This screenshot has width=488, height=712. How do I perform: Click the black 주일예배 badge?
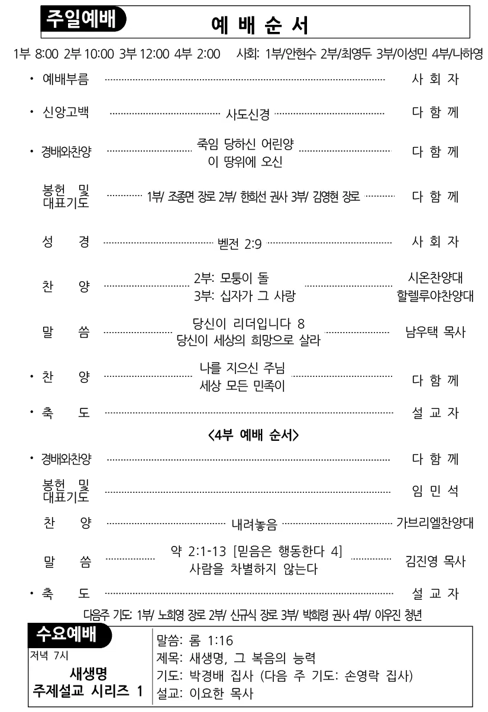(83, 19)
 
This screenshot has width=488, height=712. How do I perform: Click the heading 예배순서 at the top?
(260, 25)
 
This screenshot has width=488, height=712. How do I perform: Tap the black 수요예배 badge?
(70, 635)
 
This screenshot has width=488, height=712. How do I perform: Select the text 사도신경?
(247, 114)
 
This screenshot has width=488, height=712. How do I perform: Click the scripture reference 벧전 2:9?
(240, 244)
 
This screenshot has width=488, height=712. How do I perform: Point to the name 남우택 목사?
(435, 332)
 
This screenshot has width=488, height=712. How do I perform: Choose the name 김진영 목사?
(435, 561)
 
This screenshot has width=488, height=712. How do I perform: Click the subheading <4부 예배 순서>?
(253, 435)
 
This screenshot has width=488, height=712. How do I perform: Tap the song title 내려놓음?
(254, 525)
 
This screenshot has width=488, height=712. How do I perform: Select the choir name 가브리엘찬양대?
(435, 523)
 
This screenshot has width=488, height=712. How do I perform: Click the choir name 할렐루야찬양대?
(435, 296)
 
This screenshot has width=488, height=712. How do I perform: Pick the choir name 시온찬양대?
(435, 278)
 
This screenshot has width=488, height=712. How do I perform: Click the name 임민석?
(435, 491)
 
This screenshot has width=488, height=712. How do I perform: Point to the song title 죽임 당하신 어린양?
(245, 144)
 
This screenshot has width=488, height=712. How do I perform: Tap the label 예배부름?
(66, 79)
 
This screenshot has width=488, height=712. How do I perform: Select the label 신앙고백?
(66, 112)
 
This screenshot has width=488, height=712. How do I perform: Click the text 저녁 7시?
(49, 655)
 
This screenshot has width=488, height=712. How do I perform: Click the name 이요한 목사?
(221, 694)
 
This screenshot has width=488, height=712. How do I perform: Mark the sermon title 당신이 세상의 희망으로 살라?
(248, 341)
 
